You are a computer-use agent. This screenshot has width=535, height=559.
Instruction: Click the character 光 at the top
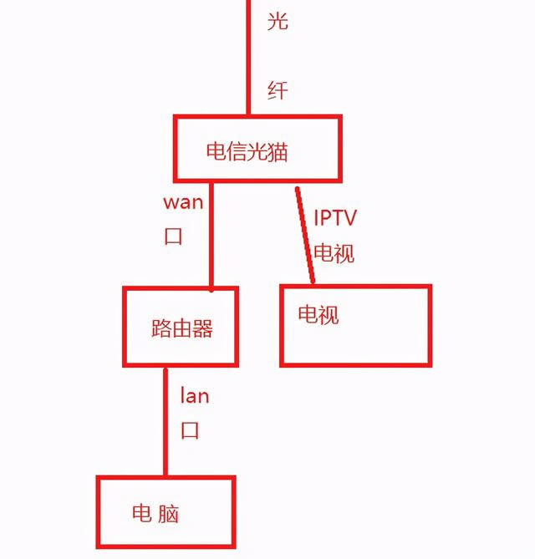pos(278,22)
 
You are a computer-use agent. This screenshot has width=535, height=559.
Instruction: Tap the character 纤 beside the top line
pos(278,90)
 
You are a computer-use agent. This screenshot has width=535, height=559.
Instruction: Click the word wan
pos(183,202)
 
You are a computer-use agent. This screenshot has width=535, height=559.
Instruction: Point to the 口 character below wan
pos(173,236)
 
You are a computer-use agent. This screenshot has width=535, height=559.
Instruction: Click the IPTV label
pos(335,219)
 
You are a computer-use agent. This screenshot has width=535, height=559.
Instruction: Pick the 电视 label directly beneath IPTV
pos(334,252)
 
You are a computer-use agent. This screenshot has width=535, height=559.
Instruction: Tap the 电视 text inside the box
pos(318,315)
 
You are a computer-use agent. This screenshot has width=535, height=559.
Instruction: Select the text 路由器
pos(182,328)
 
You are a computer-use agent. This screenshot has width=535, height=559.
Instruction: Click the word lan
pos(195,395)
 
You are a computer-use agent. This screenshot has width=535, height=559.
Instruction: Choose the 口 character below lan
pos(191,431)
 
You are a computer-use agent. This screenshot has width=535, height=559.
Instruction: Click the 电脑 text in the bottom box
pos(155,512)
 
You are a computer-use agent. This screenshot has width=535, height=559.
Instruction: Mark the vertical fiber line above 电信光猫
pos(248,58)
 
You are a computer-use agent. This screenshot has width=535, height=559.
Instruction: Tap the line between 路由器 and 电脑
pos(165,422)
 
